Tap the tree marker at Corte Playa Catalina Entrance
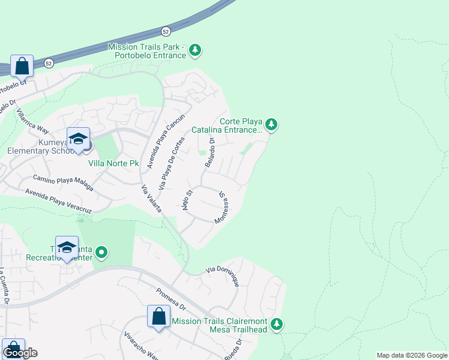point(272,124)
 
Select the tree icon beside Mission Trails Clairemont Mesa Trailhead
point(277,324)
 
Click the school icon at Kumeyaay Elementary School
point(78,140)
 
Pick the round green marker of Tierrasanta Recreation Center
point(101,253)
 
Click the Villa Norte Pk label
point(113,163)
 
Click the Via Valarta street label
point(151,199)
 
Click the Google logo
point(20,353)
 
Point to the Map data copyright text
point(411,355)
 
